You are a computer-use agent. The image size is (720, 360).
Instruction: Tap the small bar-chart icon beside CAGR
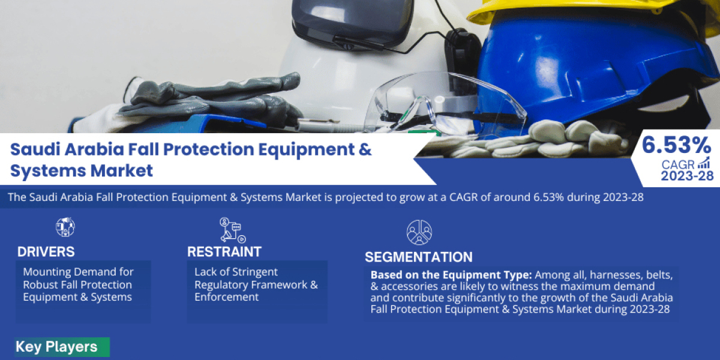click(x=704, y=163)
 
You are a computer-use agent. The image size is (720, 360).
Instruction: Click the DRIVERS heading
click(x=46, y=251)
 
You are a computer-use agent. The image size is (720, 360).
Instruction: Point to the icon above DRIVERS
click(x=65, y=226)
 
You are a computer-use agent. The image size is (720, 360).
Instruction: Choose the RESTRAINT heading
click(x=224, y=251)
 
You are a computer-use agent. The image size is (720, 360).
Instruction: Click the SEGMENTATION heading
click(x=418, y=257)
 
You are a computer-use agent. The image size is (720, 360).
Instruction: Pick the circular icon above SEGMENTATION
click(x=419, y=232)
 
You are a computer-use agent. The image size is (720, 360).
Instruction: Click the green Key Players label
click(x=56, y=347)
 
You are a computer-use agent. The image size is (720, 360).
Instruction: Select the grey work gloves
click(x=210, y=99)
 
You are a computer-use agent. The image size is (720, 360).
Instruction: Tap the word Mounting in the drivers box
click(x=47, y=272)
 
